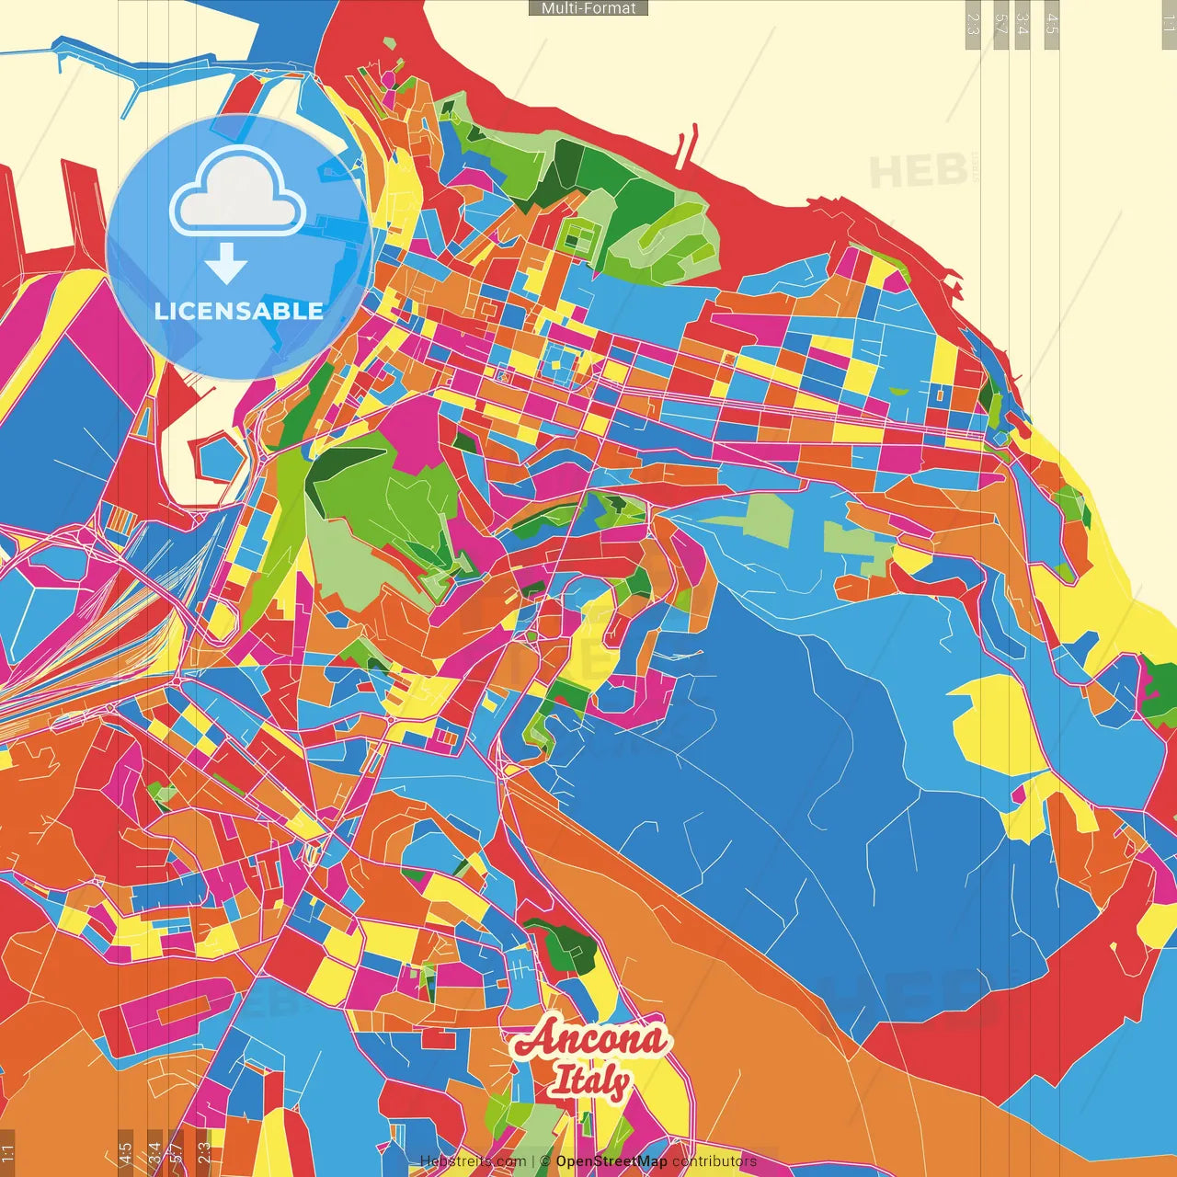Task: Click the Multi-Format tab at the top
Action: click(588, 8)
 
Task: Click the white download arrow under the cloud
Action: click(226, 264)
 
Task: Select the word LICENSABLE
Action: click(238, 311)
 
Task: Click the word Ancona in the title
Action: click(589, 1039)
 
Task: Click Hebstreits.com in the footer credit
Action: click(473, 1161)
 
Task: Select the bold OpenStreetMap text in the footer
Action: click(611, 1161)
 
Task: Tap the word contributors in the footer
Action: click(714, 1161)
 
